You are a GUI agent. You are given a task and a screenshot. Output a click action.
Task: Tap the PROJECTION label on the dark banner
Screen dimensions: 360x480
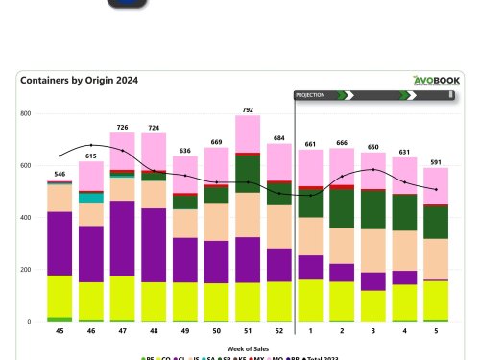(x=309, y=95)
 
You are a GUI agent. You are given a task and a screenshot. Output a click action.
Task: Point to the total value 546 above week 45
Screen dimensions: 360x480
(x=60, y=174)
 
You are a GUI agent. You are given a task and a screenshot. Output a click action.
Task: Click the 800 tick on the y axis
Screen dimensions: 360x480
(x=26, y=113)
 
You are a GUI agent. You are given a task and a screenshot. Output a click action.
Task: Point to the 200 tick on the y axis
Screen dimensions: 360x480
(x=26, y=270)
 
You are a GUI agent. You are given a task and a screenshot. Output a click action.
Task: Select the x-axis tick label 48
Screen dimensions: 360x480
(x=155, y=331)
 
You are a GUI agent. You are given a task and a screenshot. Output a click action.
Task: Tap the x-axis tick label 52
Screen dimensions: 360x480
(x=279, y=331)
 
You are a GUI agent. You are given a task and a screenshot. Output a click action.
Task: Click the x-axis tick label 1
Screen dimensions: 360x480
(x=311, y=331)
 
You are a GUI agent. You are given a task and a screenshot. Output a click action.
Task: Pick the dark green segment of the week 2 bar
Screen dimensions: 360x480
(x=342, y=208)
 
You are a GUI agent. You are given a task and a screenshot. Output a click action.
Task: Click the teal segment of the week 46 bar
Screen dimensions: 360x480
(x=91, y=197)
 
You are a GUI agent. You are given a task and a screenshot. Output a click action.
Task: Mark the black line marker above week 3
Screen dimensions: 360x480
(x=373, y=170)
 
